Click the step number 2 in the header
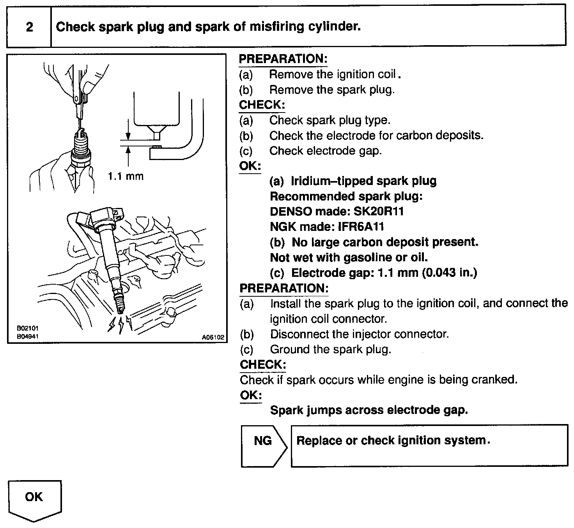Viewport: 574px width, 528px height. point(29,27)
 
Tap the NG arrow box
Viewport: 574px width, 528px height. point(263,441)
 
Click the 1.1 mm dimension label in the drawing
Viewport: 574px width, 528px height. point(126,176)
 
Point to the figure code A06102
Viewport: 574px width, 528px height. point(213,338)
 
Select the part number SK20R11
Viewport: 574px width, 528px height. point(379,211)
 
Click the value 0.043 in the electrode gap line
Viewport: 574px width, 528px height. point(441,273)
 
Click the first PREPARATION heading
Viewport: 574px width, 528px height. point(283,59)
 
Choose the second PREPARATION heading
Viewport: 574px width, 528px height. point(284,289)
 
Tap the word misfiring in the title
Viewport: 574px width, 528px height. point(271,26)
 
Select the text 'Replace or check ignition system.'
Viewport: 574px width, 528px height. point(393,441)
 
